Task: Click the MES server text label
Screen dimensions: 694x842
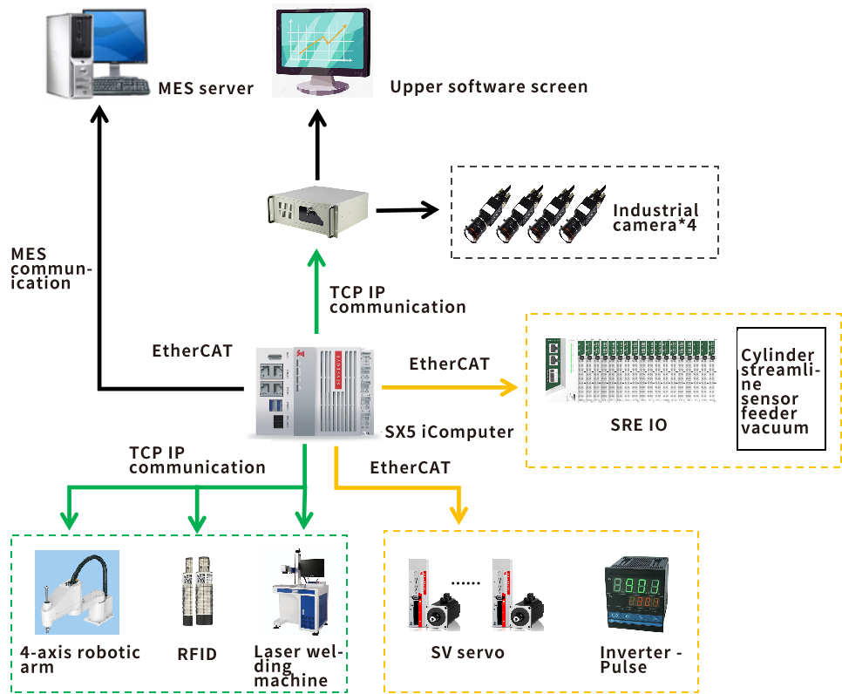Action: (x=206, y=88)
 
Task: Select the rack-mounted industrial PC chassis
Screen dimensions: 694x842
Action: (x=317, y=210)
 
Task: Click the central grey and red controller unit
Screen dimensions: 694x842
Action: (x=313, y=385)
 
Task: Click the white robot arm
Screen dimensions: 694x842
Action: (x=77, y=590)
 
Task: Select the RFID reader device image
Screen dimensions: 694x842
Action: (x=198, y=590)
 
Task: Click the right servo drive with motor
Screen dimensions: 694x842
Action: (x=519, y=593)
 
